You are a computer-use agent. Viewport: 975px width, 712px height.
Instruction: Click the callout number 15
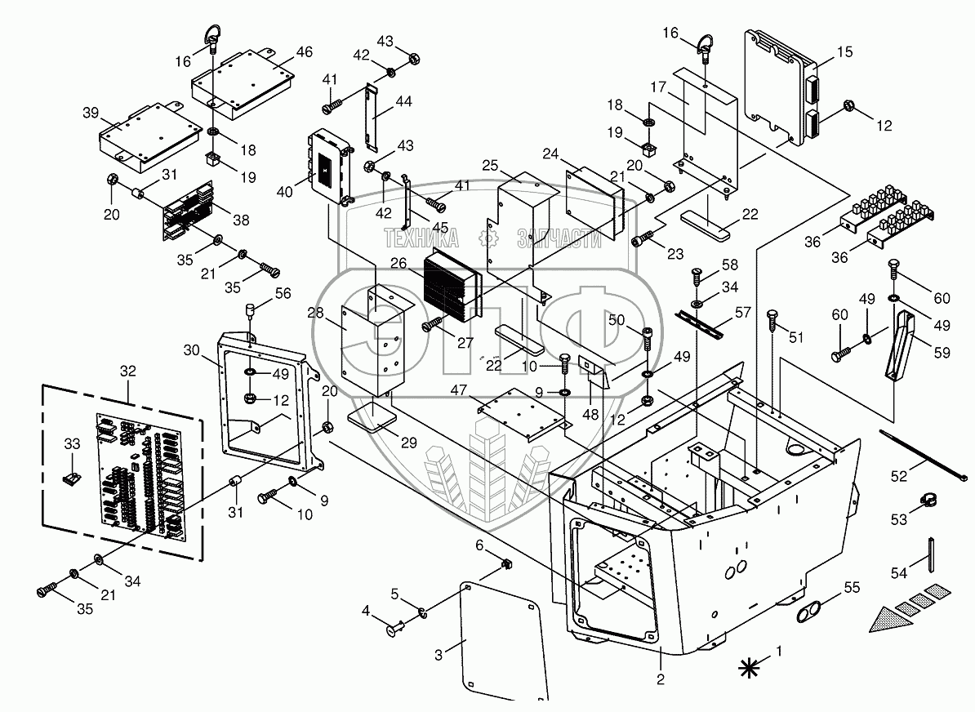844,52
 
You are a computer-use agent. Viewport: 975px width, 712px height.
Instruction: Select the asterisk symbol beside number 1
746,668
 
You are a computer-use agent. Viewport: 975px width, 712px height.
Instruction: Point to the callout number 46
304,52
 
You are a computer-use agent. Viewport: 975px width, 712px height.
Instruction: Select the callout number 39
91,112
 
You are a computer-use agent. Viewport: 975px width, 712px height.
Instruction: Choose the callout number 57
741,312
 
